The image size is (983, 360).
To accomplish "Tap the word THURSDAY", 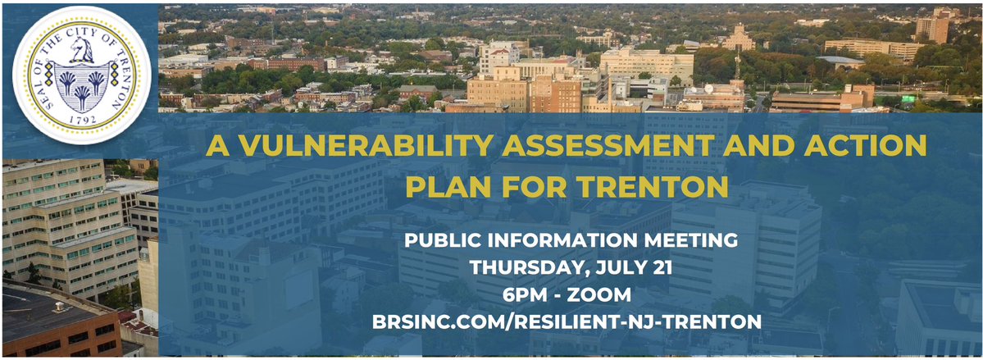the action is (x=526, y=267).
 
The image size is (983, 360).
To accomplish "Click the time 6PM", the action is (x=523, y=294).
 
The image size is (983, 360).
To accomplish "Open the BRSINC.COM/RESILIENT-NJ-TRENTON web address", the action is (x=567, y=321).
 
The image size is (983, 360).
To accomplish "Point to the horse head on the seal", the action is (x=81, y=49).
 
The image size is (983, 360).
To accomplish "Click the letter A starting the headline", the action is (x=216, y=145).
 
